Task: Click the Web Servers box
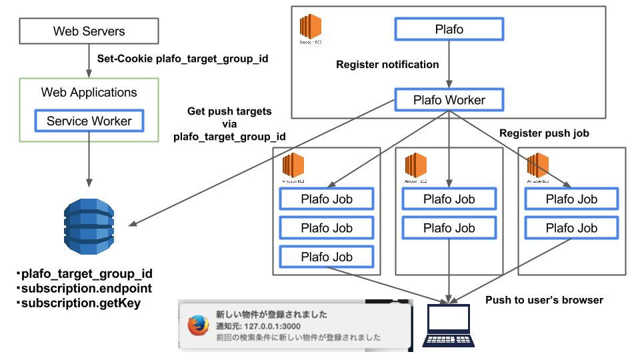(89, 31)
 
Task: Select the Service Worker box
(89, 121)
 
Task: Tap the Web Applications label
(89, 93)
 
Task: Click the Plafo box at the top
(448, 29)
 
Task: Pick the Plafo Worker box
(448, 101)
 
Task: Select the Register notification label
(387, 65)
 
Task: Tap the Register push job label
(544, 133)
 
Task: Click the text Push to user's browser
(544, 300)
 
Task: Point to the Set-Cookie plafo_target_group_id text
(183, 58)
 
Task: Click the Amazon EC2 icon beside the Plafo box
(310, 28)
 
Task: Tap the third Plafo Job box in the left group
(326, 257)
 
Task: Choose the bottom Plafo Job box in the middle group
(448, 228)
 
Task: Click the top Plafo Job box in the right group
(571, 199)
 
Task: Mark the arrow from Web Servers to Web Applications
(89, 61)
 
